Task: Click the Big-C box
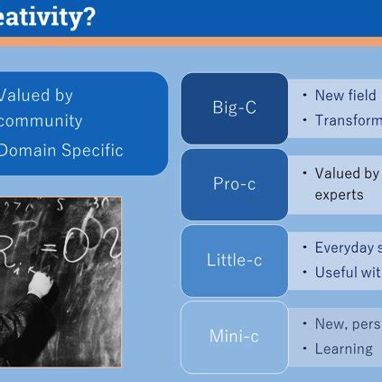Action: point(234,108)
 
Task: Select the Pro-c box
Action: point(234,184)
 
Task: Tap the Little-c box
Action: point(234,260)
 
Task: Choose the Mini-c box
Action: point(234,336)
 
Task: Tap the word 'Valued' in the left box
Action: point(25,96)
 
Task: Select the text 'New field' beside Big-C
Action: point(345,96)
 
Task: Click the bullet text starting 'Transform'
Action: point(348,120)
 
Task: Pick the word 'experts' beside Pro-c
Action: point(340,195)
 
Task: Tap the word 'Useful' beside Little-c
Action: point(337,272)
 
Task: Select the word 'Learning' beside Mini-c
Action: point(343,349)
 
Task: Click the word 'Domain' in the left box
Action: point(29,151)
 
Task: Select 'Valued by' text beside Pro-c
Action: point(347,173)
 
